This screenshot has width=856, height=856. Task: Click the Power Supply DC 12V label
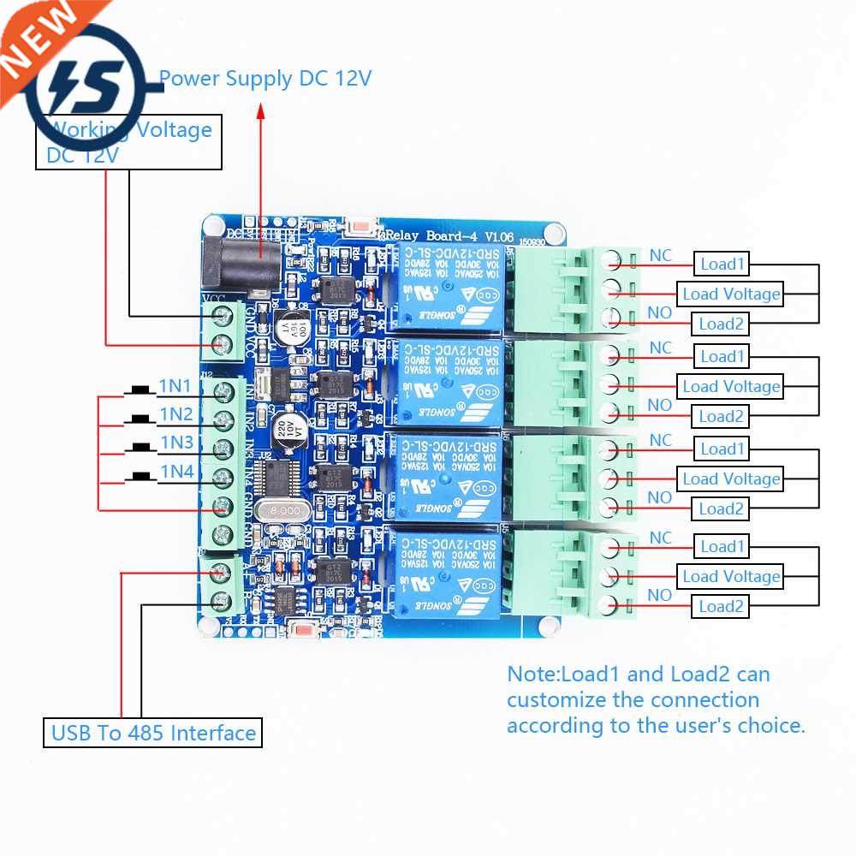[265, 79]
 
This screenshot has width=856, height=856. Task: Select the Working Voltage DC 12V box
[128, 143]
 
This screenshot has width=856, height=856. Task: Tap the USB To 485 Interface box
[152, 733]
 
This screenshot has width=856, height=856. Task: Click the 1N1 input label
[175, 387]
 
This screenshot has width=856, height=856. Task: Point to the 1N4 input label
[175, 470]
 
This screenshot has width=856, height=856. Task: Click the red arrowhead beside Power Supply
[260, 111]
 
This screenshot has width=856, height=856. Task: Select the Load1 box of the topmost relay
[722, 264]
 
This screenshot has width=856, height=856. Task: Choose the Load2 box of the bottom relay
[721, 607]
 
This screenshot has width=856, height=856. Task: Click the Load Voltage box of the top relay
[730, 294]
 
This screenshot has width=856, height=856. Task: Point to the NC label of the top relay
[660, 255]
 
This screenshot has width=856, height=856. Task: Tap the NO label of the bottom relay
[659, 595]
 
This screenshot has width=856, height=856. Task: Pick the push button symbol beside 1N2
[137, 419]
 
